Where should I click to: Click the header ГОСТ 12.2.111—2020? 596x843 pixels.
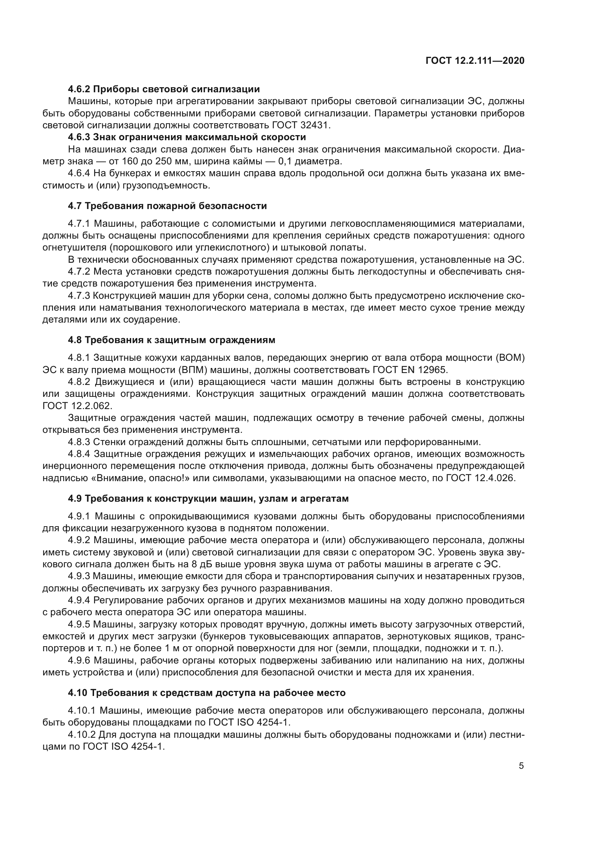[x=475, y=61]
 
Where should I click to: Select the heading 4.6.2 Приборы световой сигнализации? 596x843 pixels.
[x=164, y=89]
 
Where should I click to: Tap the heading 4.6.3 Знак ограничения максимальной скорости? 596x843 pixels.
[x=187, y=137]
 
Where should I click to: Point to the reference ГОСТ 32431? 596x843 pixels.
[x=301, y=125]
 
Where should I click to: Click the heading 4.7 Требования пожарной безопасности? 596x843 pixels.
[x=167, y=206]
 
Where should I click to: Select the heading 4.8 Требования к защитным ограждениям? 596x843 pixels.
[x=172, y=340]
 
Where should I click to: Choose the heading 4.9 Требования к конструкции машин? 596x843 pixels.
[x=208, y=498]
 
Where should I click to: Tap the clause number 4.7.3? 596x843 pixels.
[x=79, y=296]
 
